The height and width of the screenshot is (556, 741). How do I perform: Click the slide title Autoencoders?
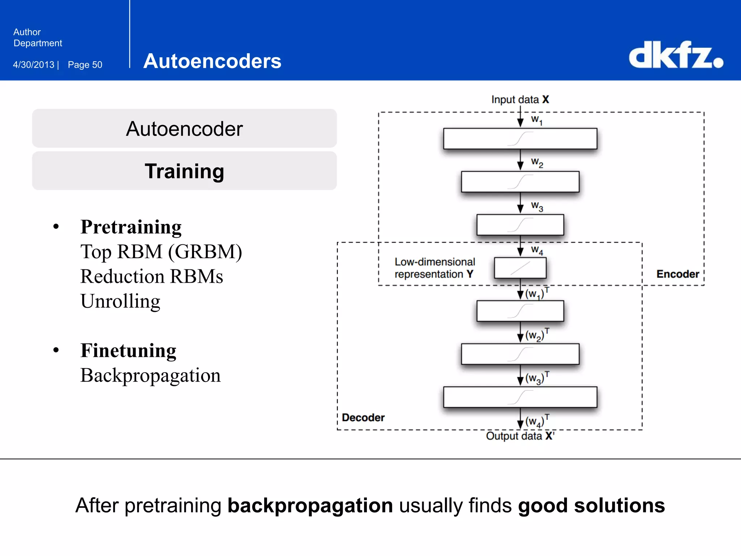[x=212, y=61]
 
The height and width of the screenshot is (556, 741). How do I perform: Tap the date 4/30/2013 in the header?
[x=34, y=65]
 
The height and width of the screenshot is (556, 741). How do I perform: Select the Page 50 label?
[x=85, y=65]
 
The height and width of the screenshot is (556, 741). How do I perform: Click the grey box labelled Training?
[x=184, y=171]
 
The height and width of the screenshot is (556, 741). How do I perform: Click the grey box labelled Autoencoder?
[x=184, y=129]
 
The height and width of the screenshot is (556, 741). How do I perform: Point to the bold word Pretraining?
[x=131, y=227]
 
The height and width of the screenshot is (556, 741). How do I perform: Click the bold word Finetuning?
[x=128, y=350]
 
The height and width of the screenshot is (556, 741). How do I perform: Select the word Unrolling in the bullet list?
[x=120, y=301]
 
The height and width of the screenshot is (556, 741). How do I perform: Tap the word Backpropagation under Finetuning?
[x=150, y=375]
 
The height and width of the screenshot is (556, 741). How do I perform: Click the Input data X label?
[x=520, y=100]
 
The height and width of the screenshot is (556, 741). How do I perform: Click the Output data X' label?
[x=520, y=436]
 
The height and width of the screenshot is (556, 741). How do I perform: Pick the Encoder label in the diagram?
[x=677, y=274]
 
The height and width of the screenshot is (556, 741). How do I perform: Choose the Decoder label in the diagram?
[x=363, y=417]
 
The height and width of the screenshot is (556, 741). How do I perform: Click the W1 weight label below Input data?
[x=537, y=120]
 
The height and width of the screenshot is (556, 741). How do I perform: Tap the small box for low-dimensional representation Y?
[x=520, y=268]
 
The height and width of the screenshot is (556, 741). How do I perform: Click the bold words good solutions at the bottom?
[x=591, y=505]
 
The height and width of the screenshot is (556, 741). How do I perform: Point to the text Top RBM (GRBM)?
[x=161, y=252]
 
